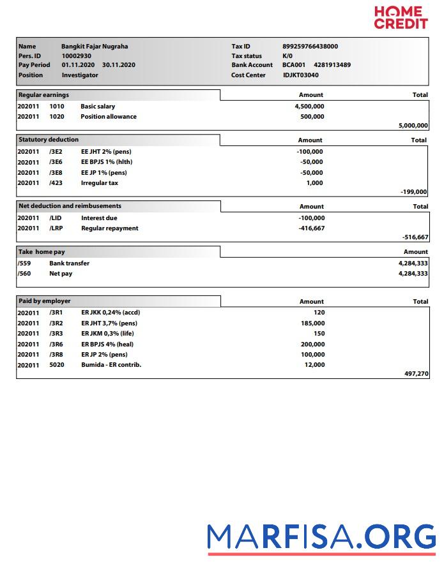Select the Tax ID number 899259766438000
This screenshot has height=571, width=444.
tap(310, 46)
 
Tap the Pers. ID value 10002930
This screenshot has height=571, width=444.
tap(76, 56)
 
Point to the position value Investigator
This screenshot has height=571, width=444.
tap(80, 75)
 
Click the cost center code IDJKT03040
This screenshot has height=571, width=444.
tap(300, 75)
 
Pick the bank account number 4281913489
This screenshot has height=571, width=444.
tap(332, 65)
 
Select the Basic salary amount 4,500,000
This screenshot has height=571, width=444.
tap(309, 107)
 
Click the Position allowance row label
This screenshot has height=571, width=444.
tap(108, 117)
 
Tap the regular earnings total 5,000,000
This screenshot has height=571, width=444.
tap(413, 126)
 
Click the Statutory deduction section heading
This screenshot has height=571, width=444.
tap(49, 140)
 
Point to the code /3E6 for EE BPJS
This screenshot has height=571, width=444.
tap(56, 162)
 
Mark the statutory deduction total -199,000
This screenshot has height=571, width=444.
tap(414, 191)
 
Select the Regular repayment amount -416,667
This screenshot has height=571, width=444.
tap(311, 228)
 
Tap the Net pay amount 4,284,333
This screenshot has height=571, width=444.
tap(413, 274)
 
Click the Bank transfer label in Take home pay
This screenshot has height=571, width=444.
tap(69, 263)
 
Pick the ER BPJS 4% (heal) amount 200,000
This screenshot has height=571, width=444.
tap(312, 345)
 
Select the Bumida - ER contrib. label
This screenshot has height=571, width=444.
tap(111, 365)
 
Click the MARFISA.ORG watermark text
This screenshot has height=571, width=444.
tap(321, 537)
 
